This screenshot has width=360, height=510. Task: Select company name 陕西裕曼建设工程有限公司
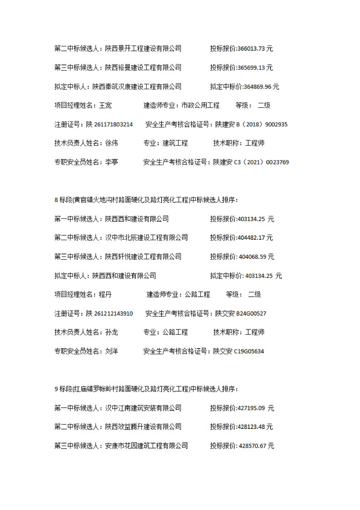[143, 67]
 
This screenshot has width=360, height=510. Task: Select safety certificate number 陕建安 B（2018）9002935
[251, 124]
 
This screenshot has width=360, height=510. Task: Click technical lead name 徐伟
[111, 143]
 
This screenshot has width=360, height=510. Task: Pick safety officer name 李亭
[111, 162]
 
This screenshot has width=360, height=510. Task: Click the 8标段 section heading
[145, 200]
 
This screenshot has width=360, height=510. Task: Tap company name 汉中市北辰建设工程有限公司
[146, 237]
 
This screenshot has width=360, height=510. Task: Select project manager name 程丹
[105, 294]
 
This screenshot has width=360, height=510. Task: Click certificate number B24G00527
[251, 313]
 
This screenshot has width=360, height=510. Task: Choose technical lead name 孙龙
[111, 332]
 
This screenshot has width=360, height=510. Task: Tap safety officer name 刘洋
[111, 351]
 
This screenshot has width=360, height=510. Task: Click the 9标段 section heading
[145, 389]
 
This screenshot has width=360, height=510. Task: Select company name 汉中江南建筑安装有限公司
[143, 408]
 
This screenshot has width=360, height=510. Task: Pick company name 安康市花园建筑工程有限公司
[146, 446]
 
